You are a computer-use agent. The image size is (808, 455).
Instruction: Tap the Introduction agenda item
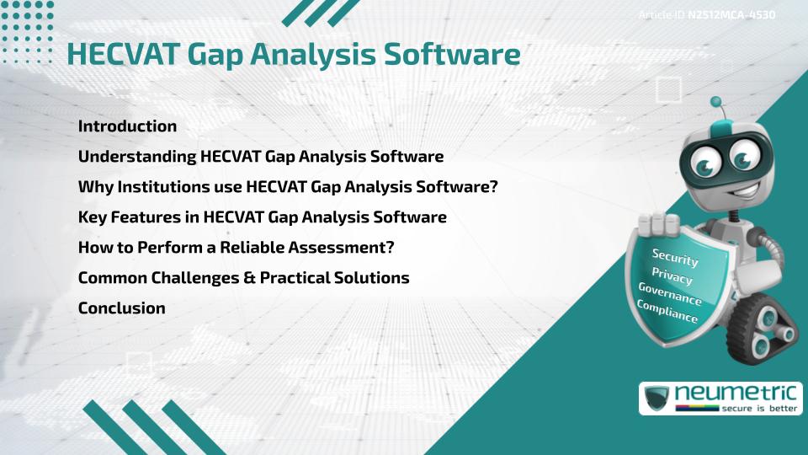pyautogui.click(x=127, y=126)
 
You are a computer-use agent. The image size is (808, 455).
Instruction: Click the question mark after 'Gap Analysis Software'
pyautogui.click(x=493, y=186)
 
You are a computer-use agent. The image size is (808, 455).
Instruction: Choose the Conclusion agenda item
pyautogui.click(x=121, y=308)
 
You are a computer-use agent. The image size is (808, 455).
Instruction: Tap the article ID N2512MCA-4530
pyautogui.click(x=731, y=15)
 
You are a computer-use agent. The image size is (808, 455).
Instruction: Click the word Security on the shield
pyautogui.click(x=675, y=257)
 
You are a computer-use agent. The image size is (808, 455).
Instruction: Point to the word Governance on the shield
pyautogui.click(x=670, y=294)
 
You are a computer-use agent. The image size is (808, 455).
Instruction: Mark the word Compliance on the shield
pyautogui.click(x=667, y=312)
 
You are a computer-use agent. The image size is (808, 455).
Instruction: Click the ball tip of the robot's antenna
pyautogui.click(x=716, y=103)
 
